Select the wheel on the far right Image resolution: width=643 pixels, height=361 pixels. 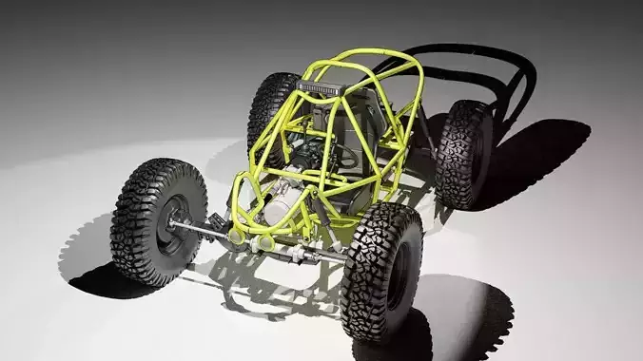[465, 153]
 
